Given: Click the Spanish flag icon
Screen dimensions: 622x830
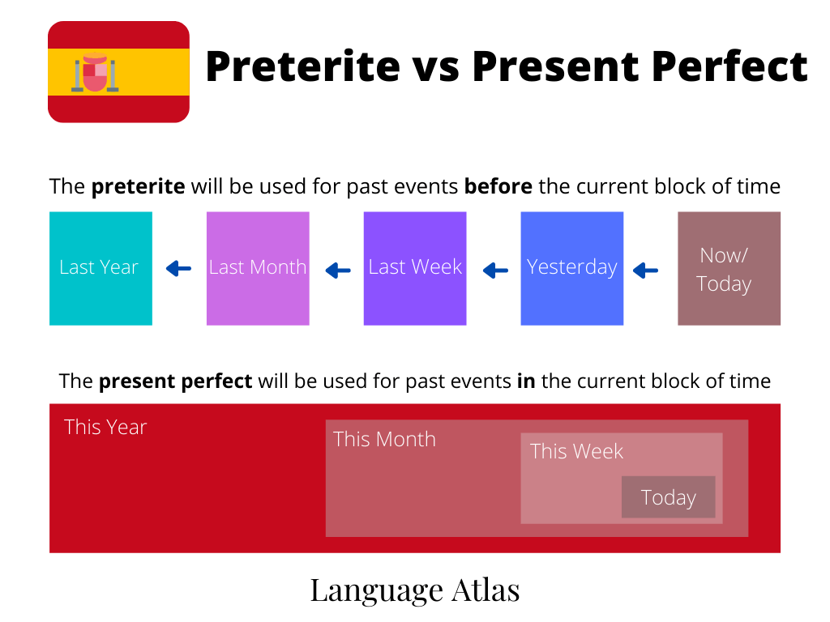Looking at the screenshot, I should tap(118, 72).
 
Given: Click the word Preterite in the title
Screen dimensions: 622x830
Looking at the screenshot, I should tap(302, 66).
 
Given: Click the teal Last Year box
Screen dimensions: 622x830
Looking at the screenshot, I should tap(101, 268).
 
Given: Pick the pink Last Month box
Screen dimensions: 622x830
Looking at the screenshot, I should tap(258, 268).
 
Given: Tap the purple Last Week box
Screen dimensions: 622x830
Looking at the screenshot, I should tap(415, 268).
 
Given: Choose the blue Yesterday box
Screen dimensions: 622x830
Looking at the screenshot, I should tap(572, 268).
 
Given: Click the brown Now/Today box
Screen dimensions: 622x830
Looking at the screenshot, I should tap(729, 268).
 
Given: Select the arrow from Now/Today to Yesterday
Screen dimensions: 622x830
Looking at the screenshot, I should tap(646, 270).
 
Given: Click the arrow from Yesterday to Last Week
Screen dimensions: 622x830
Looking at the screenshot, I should tap(495, 270).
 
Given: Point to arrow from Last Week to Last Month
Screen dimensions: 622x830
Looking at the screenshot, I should tap(338, 270).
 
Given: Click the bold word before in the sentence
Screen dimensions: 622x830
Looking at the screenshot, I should tap(498, 187).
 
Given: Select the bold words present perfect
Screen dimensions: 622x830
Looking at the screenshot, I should tap(175, 381).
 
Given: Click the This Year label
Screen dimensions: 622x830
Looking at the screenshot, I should tap(105, 427).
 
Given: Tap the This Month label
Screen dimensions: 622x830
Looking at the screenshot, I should tap(384, 439).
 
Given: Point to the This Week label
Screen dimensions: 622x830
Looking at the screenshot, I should tap(576, 451).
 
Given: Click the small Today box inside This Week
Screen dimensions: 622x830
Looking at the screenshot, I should tap(668, 497).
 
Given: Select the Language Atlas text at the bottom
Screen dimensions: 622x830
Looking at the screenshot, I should tap(415, 590).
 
